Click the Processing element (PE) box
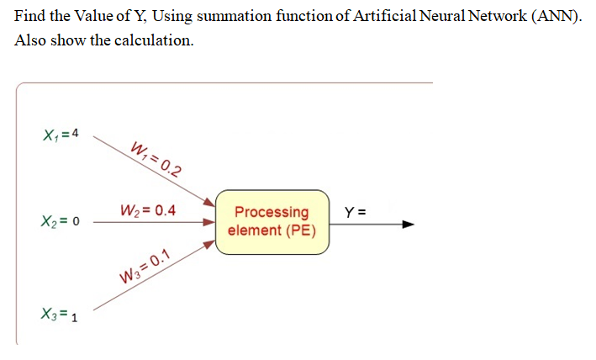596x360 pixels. (x=272, y=221)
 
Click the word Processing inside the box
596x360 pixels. (x=272, y=212)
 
